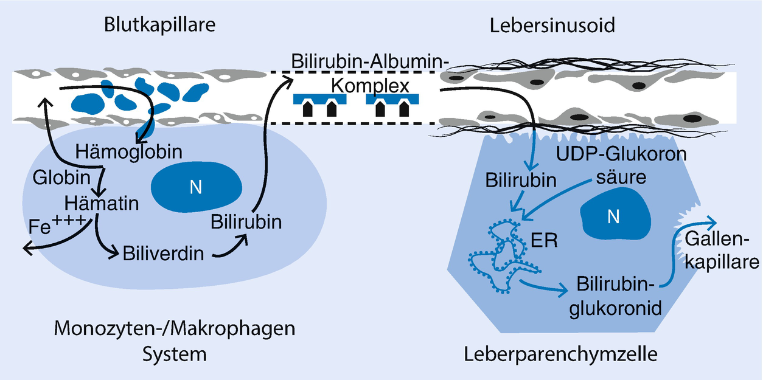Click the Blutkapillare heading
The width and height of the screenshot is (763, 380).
[161, 26]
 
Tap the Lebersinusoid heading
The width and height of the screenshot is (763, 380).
[552, 26]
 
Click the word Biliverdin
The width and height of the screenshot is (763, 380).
[163, 252]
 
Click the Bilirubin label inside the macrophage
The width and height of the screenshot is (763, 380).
[246, 222]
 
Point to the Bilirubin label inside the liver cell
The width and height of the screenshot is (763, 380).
[521, 181]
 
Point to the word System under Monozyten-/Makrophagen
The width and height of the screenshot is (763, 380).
[175, 353]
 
